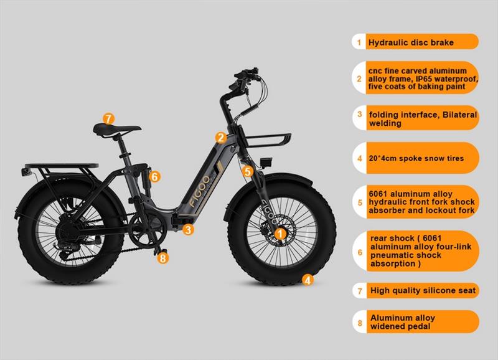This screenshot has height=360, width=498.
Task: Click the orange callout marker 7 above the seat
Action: (x=108, y=119)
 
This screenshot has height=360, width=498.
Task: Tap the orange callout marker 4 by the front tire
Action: (x=308, y=280)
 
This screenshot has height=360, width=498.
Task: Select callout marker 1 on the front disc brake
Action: (x=280, y=234)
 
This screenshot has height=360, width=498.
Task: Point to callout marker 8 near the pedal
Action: (x=163, y=258)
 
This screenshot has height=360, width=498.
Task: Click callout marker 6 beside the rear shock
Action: (x=154, y=176)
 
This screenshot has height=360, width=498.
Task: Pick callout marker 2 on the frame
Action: (x=221, y=138)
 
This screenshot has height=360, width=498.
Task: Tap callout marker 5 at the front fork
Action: (x=247, y=171)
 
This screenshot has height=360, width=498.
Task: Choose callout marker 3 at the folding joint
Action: (x=189, y=229)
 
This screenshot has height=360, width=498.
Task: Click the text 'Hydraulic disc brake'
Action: (x=411, y=42)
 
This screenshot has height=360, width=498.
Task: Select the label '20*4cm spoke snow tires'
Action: (x=416, y=158)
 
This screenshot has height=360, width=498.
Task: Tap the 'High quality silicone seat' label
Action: (x=423, y=290)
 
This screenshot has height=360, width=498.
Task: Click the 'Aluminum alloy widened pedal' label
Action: (x=402, y=322)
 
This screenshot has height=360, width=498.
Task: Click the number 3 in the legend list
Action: (x=360, y=114)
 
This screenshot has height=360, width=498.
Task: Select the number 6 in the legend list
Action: (x=360, y=252)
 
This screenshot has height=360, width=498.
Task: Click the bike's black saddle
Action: (x=116, y=129)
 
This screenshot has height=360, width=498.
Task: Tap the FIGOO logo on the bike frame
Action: (x=199, y=191)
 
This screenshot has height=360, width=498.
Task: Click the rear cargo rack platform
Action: (x=62, y=166)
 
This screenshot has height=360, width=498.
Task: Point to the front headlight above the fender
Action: (x=265, y=162)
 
